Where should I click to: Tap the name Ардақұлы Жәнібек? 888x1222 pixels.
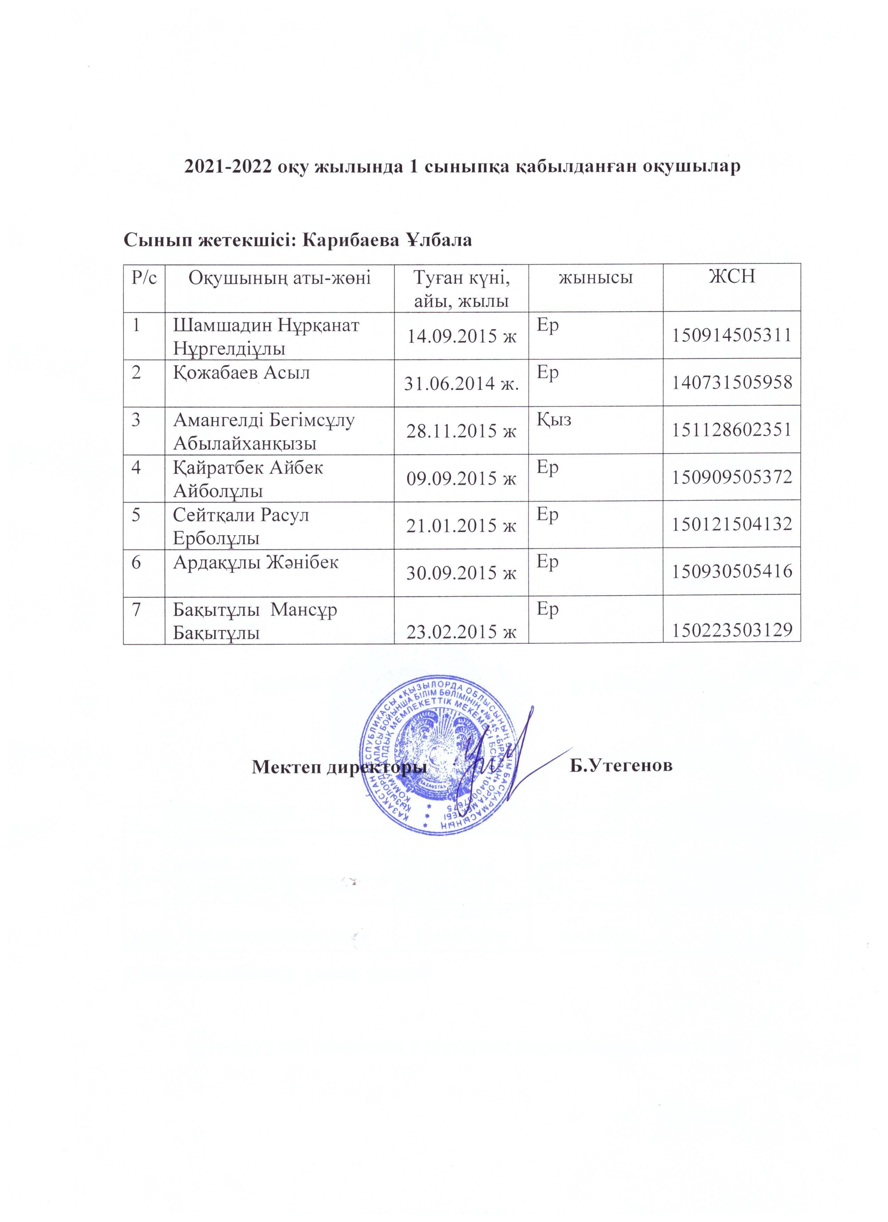pyautogui.click(x=256, y=563)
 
